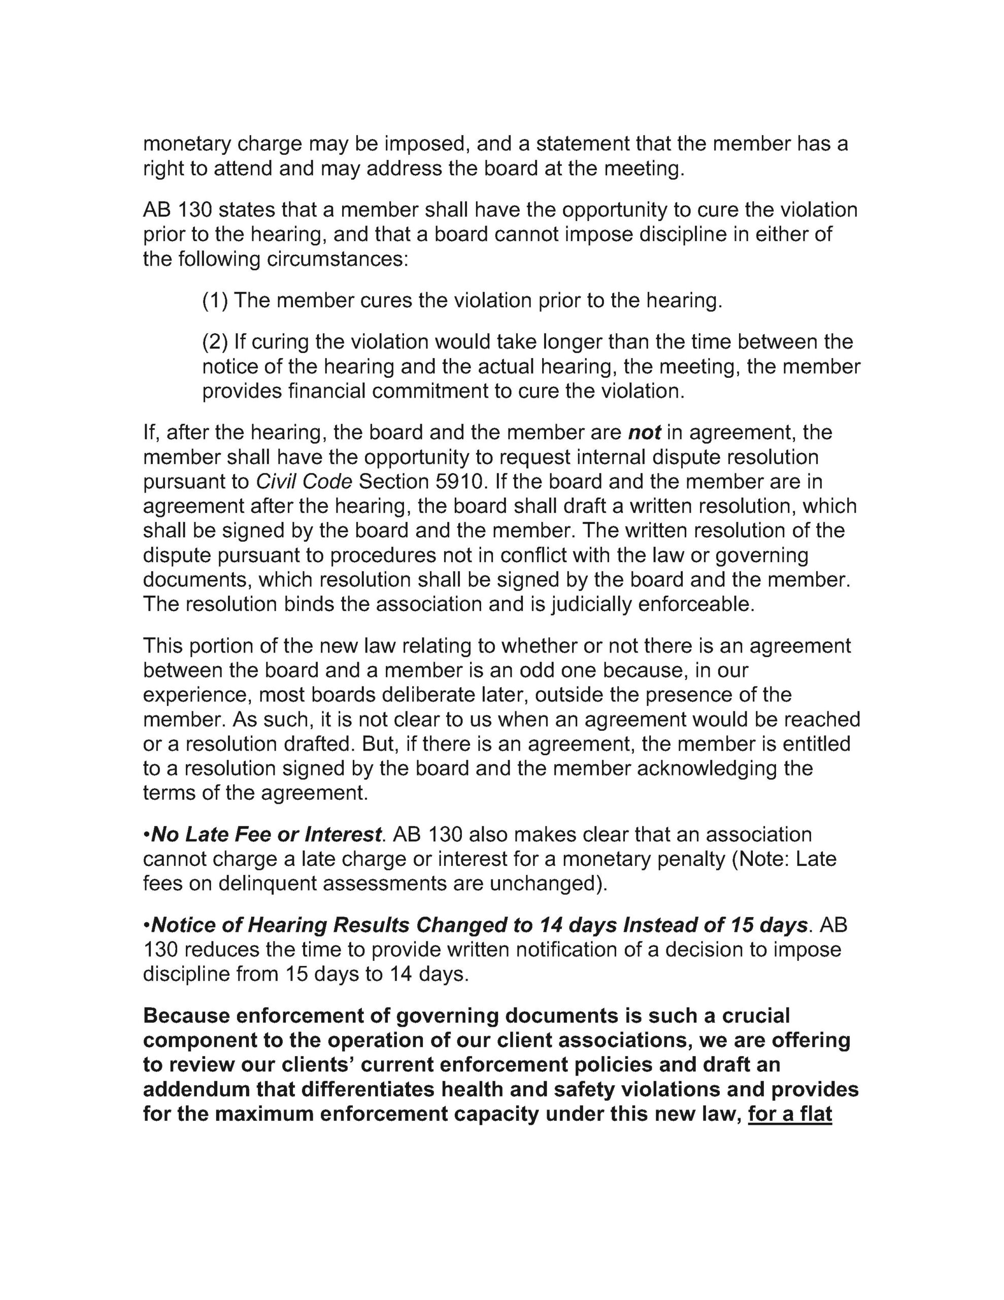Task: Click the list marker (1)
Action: pyautogui.click(x=215, y=301)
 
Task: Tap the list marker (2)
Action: pyautogui.click(x=215, y=342)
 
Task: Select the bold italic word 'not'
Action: pyautogui.click(x=644, y=432)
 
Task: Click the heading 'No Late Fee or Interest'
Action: pyautogui.click(x=265, y=834)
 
